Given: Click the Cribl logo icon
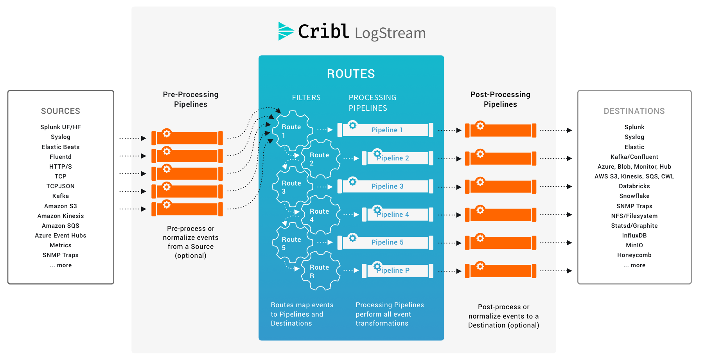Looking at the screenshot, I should (x=286, y=31).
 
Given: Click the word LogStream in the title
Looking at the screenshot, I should (x=390, y=33).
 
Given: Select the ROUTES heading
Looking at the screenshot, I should (x=351, y=74).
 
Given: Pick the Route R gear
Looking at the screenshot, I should (x=320, y=271).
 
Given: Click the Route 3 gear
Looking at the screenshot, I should (x=292, y=187).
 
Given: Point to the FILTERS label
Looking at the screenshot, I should (x=306, y=97).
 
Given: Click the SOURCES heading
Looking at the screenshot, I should (x=61, y=111).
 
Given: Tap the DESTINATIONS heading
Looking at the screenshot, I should (x=634, y=111).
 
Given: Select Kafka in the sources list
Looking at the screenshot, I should (x=61, y=196).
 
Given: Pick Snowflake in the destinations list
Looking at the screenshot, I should (x=634, y=196).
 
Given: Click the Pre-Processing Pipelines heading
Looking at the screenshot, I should (x=190, y=99).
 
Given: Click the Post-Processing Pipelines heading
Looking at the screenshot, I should (x=500, y=99).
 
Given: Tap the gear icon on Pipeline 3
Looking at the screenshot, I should (x=352, y=182).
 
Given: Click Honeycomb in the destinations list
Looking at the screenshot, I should (x=634, y=255).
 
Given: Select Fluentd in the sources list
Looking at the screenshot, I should (x=61, y=157).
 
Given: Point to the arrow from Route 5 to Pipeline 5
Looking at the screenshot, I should (x=325, y=242).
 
